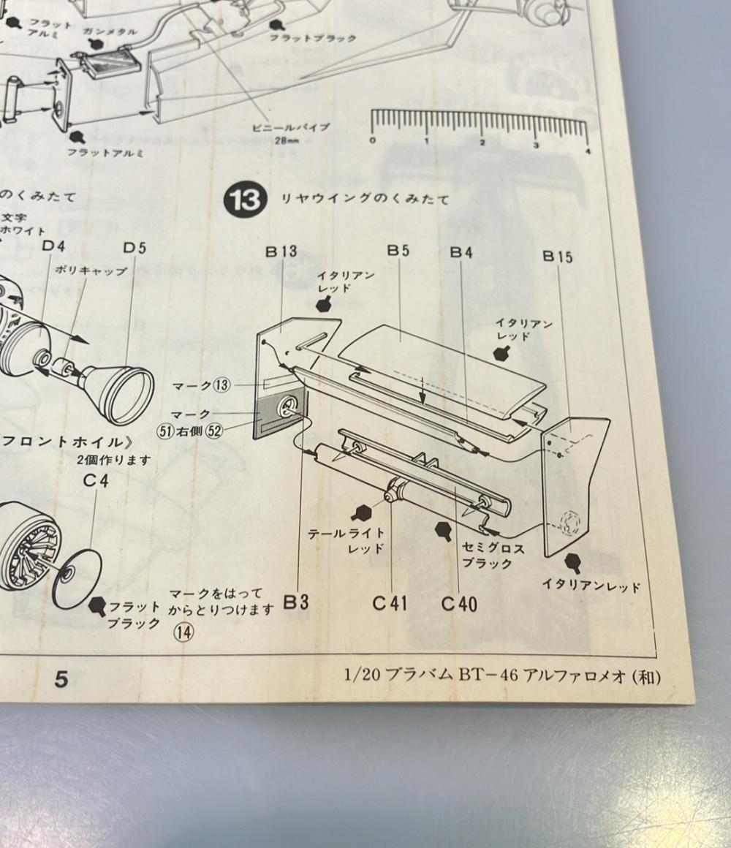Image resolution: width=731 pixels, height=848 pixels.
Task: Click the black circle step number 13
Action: coord(243,199)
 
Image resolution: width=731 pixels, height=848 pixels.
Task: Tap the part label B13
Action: coord(281,252)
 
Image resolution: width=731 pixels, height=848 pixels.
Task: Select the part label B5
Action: coord(398,251)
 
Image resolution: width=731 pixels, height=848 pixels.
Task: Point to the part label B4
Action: coord(461,252)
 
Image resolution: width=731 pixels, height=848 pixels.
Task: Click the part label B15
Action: coord(558,257)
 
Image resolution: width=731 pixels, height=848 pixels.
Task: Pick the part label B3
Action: coord(296,602)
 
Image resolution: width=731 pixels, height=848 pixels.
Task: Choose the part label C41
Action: coord(390,603)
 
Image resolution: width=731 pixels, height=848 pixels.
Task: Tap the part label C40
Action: coord(459,604)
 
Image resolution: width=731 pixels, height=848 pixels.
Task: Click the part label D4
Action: coord(53,246)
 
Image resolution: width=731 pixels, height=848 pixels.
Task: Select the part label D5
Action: coord(135,248)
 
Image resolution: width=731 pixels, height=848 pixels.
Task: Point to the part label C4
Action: coord(95,481)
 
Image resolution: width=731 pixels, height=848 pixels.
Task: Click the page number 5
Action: coord(61,680)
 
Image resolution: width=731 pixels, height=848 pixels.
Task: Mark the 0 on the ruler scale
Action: coord(373,140)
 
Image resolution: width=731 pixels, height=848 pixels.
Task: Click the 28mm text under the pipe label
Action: coord(285,141)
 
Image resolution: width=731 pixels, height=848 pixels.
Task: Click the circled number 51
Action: coord(164,431)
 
